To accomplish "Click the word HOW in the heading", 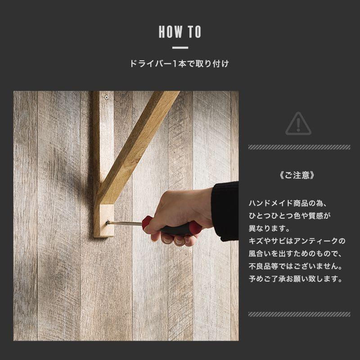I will (x=169, y=32).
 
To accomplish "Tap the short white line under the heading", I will (x=180, y=48).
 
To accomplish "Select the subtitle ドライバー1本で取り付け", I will (x=180, y=64).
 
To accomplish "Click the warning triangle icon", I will (x=298, y=123).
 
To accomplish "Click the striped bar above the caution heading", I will (x=299, y=147).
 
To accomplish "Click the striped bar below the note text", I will (x=299, y=314).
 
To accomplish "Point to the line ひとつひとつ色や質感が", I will (x=290, y=216).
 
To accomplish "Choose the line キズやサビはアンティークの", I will (x=297, y=241).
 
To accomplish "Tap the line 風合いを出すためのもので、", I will (x=297, y=253).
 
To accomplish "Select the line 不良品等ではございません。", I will (x=297, y=266).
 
